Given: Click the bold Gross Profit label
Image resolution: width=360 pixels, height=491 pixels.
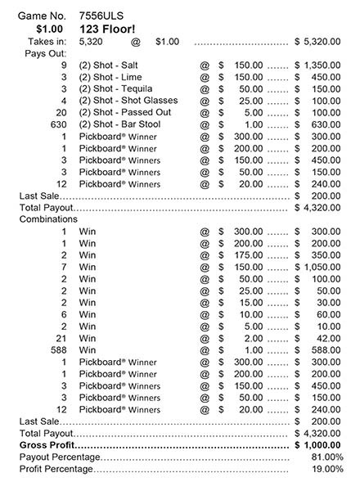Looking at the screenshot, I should click(48, 445).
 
